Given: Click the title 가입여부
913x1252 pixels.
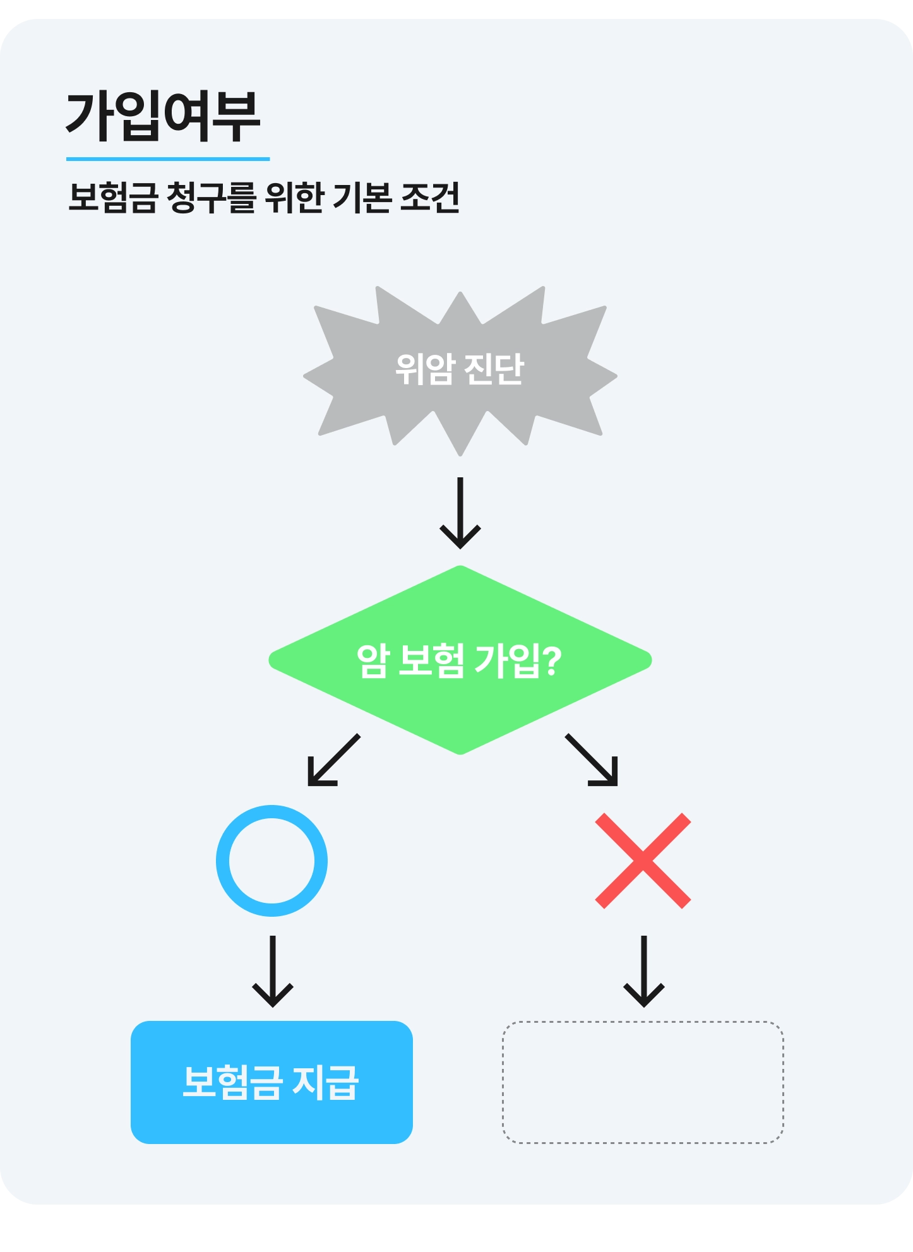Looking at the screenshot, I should pyautogui.click(x=163, y=116).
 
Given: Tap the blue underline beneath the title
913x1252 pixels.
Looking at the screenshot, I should pyautogui.click(x=168, y=159).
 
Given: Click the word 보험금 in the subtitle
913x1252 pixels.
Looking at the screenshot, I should pyautogui.click(x=112, y=198).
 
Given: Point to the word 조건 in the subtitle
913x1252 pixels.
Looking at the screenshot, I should pyautogui.click(x=430, y=198).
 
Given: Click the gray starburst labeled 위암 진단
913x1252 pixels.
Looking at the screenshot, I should pyautogui.click(x=460, y=369).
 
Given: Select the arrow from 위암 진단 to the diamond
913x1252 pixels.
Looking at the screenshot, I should pyautogui.click(x=460, y=513).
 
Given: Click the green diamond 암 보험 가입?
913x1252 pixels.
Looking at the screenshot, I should pyautogui.click(x=460, y=660).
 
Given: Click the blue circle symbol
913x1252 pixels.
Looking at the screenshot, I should pyautogui.click(x=272, y=861).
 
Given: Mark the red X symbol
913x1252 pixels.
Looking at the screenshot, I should pyautogui.click(x=643, y=861).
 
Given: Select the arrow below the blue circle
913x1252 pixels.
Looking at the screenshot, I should pyautogui.click(x=273, y=972).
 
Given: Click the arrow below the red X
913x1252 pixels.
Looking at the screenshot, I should pyautogui.click(x=643, y=972).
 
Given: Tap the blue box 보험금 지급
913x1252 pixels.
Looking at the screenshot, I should pyautogui.click(x=272, y=1082).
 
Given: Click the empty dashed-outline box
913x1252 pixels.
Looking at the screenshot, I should pyautogui.click(x=643, y=1082).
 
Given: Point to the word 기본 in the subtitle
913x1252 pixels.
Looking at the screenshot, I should pyautogui.click(x=361, y=198).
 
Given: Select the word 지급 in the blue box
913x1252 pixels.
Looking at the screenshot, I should pyautogui.click(x=326, y=1082).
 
